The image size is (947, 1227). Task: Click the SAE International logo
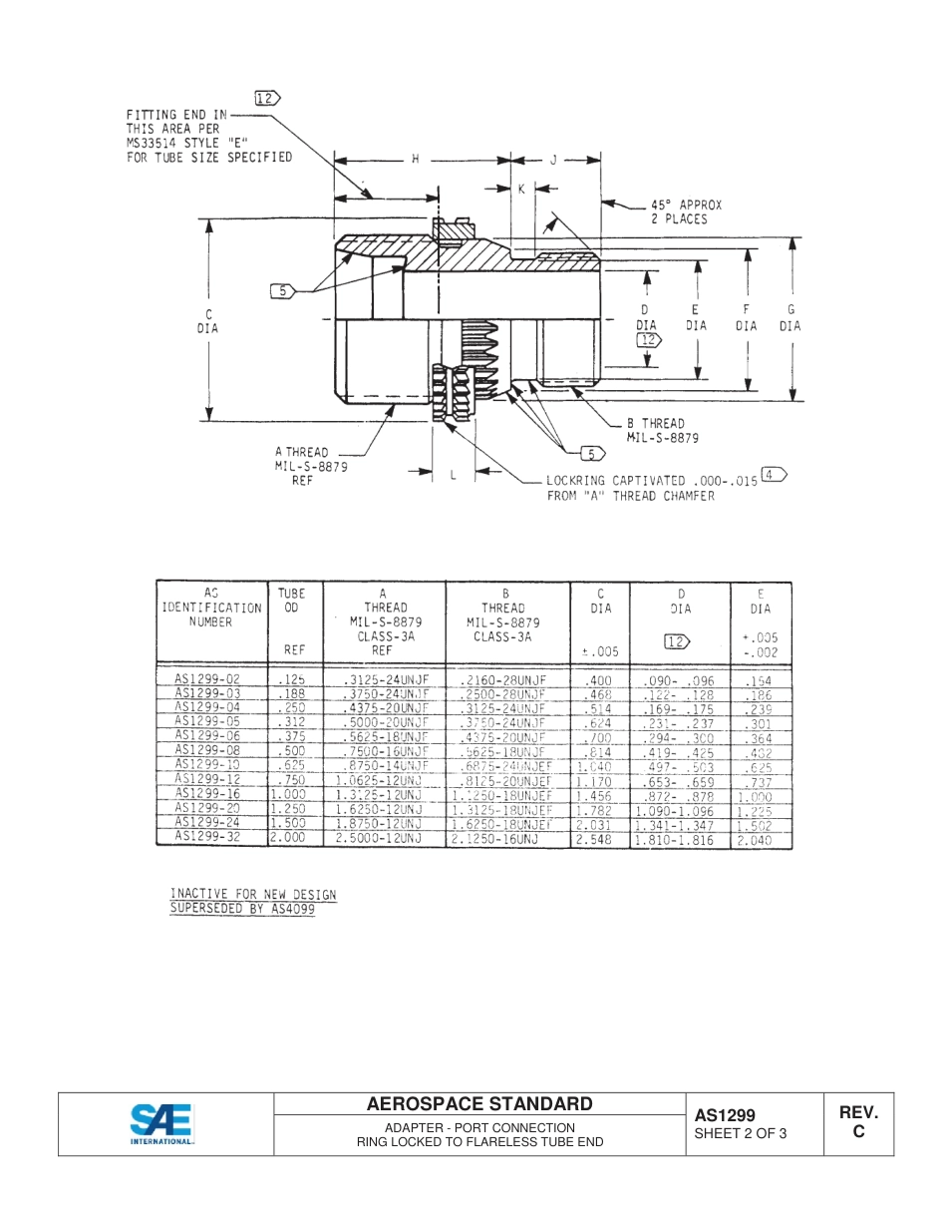point(162,1124)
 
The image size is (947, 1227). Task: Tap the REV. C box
point(858,1122)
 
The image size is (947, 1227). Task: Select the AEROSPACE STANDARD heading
point(479,1103)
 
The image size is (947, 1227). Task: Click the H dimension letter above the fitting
point(416,161)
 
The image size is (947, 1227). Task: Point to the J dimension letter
point(553,161)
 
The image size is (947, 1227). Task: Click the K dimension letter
point(520,190)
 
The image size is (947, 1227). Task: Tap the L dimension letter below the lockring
point(452,476)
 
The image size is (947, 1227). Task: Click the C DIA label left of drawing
point(211,320)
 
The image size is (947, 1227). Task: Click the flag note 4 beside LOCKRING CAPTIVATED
point(773,474)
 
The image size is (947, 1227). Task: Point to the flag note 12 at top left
point(268,98)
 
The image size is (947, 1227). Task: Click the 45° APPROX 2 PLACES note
point(686,211)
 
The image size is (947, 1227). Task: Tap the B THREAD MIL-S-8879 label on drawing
point(662,430)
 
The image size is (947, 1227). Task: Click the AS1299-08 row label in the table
point(207,750)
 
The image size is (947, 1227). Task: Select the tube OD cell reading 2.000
point(288,839)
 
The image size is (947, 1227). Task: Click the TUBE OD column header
point(292,599)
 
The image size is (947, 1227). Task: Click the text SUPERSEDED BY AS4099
point(242,909)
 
